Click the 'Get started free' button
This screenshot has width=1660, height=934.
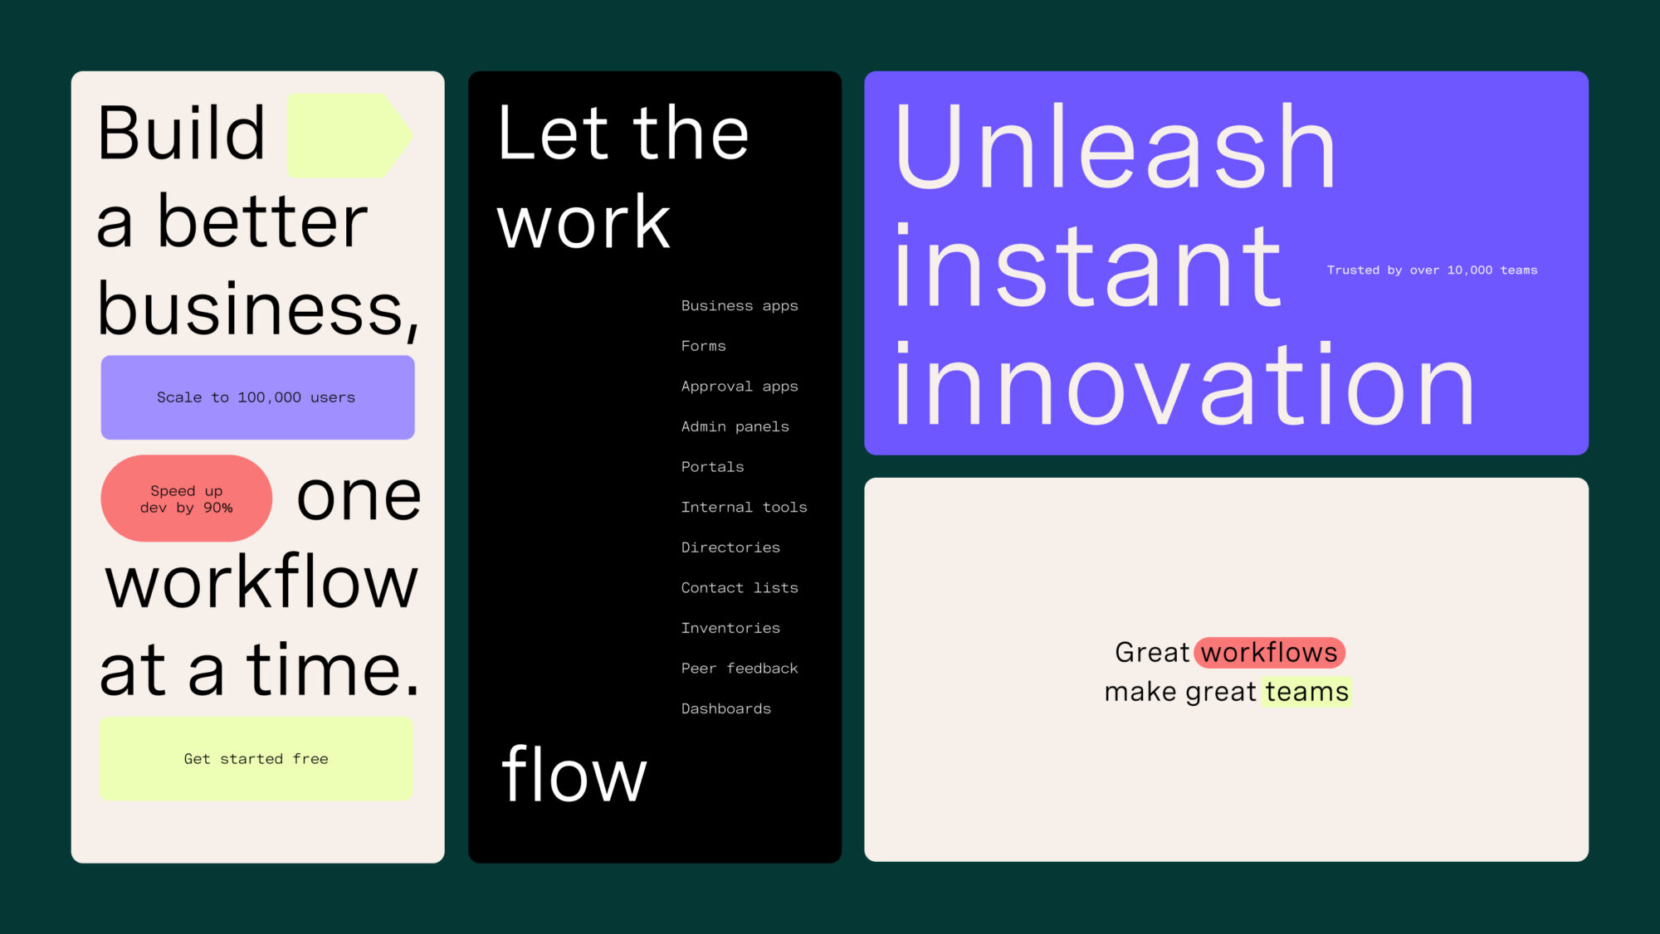[256, 759]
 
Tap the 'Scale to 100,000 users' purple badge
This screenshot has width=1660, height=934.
[257, 397]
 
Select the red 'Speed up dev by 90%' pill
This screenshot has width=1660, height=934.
[187, 499]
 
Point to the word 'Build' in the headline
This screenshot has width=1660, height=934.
[181, 133]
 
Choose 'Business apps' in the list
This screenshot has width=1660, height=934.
[740, 306]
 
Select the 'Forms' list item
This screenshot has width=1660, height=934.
[704, 346]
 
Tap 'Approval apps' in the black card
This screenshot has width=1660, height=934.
[740, 387]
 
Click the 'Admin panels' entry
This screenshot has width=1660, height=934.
[735, 426]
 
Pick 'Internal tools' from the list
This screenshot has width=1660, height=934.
[745, 507]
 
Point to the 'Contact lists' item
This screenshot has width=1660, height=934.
[740, 587]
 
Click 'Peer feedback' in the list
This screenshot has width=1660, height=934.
[740, 669]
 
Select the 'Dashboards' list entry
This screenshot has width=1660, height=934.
[726, 708]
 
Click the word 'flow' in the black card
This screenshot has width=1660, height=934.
[574, 774]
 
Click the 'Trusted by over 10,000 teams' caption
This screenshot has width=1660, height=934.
[1432, 270]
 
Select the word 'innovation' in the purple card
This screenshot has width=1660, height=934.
[1184, 383]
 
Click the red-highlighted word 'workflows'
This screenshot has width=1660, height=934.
[1269, 653]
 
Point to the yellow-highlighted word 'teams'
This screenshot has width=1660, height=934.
[1306, 692]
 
